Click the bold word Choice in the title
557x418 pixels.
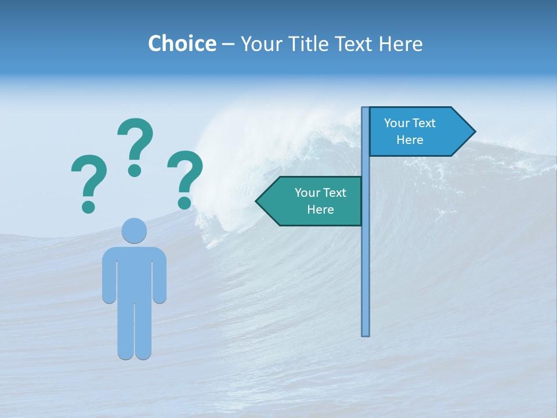point(182,44)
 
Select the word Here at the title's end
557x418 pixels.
point(400,44)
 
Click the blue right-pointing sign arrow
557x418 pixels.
point(418,132)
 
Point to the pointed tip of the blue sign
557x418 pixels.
point(474,132)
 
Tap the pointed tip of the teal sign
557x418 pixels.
point(258,201)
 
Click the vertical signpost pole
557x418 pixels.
point(366,261)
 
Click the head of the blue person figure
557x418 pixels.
point(134,230)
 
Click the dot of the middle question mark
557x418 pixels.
point(135,170)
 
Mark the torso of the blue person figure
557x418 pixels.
point(134,273)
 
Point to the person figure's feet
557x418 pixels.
point(134,352)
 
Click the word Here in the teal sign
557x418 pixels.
point(320,210)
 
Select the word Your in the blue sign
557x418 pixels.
point(397,123)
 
